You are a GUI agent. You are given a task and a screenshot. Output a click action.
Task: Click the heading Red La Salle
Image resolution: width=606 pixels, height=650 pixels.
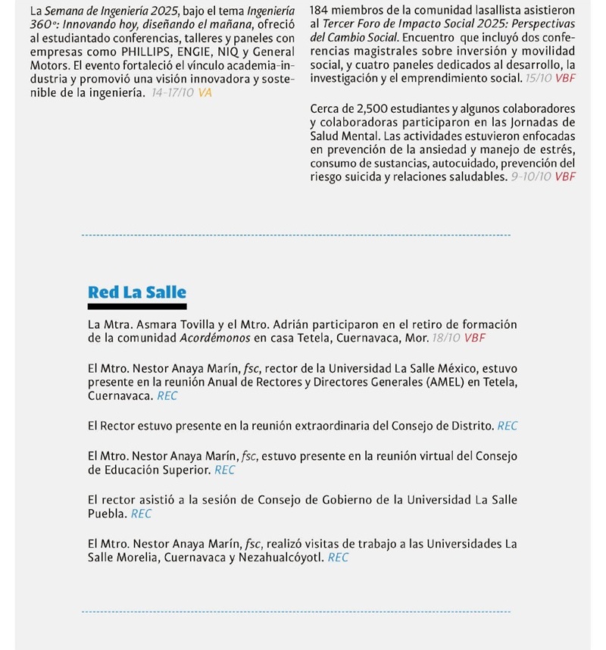137,292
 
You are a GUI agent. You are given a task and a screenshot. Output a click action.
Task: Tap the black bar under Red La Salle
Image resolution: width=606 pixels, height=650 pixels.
137,307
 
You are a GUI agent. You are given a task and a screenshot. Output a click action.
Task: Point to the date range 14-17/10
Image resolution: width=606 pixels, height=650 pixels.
173,92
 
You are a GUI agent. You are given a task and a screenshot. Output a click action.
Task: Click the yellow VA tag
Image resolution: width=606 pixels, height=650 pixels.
205,92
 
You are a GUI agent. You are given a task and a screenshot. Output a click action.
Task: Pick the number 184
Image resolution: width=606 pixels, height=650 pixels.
321,11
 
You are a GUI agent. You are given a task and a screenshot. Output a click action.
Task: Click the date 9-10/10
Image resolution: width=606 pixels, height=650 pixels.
531,177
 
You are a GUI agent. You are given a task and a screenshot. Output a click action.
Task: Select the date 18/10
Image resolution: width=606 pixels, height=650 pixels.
445,338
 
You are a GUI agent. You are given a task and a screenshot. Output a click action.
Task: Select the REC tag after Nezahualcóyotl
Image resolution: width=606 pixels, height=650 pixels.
339,558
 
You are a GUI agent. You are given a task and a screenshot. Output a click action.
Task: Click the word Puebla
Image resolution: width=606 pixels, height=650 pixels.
107,514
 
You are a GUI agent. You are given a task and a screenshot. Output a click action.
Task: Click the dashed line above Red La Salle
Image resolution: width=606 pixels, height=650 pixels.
295,236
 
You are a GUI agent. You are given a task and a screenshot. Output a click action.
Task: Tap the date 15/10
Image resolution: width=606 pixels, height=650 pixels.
539,79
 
